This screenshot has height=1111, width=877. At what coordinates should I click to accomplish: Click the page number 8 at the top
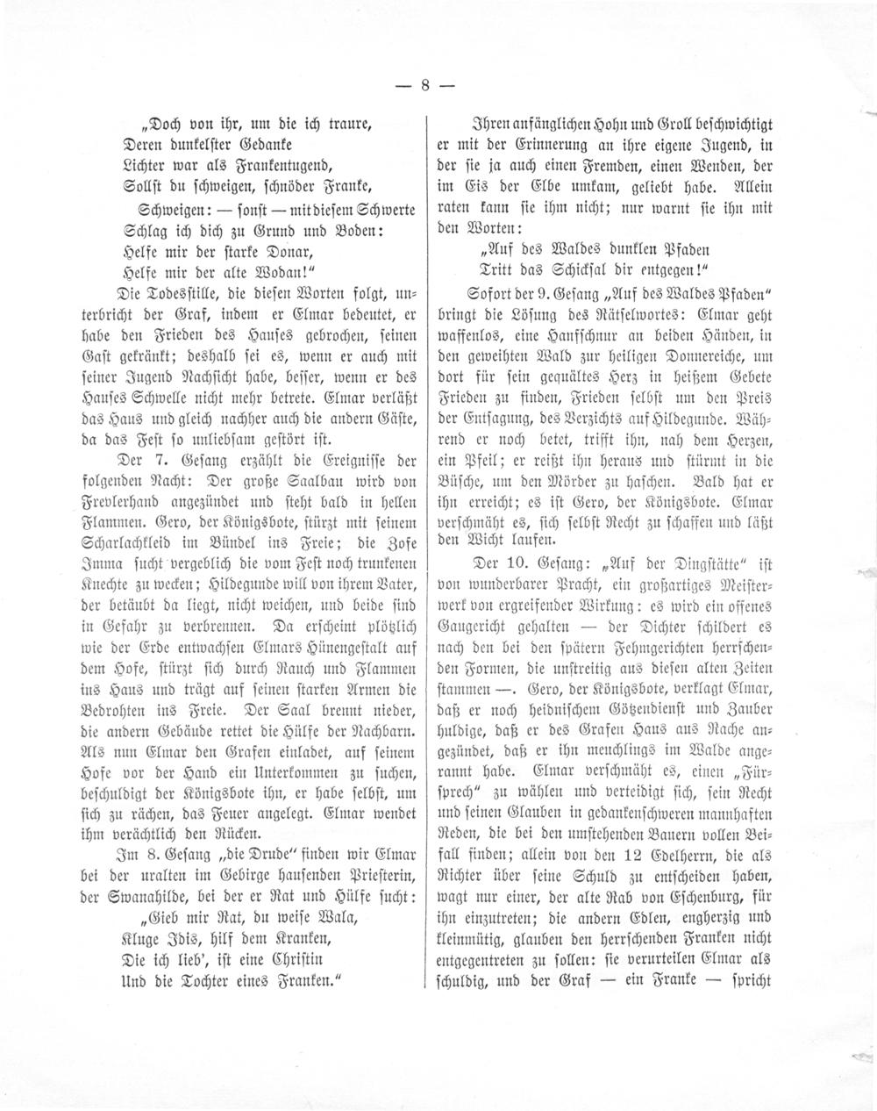tap(425, 86)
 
